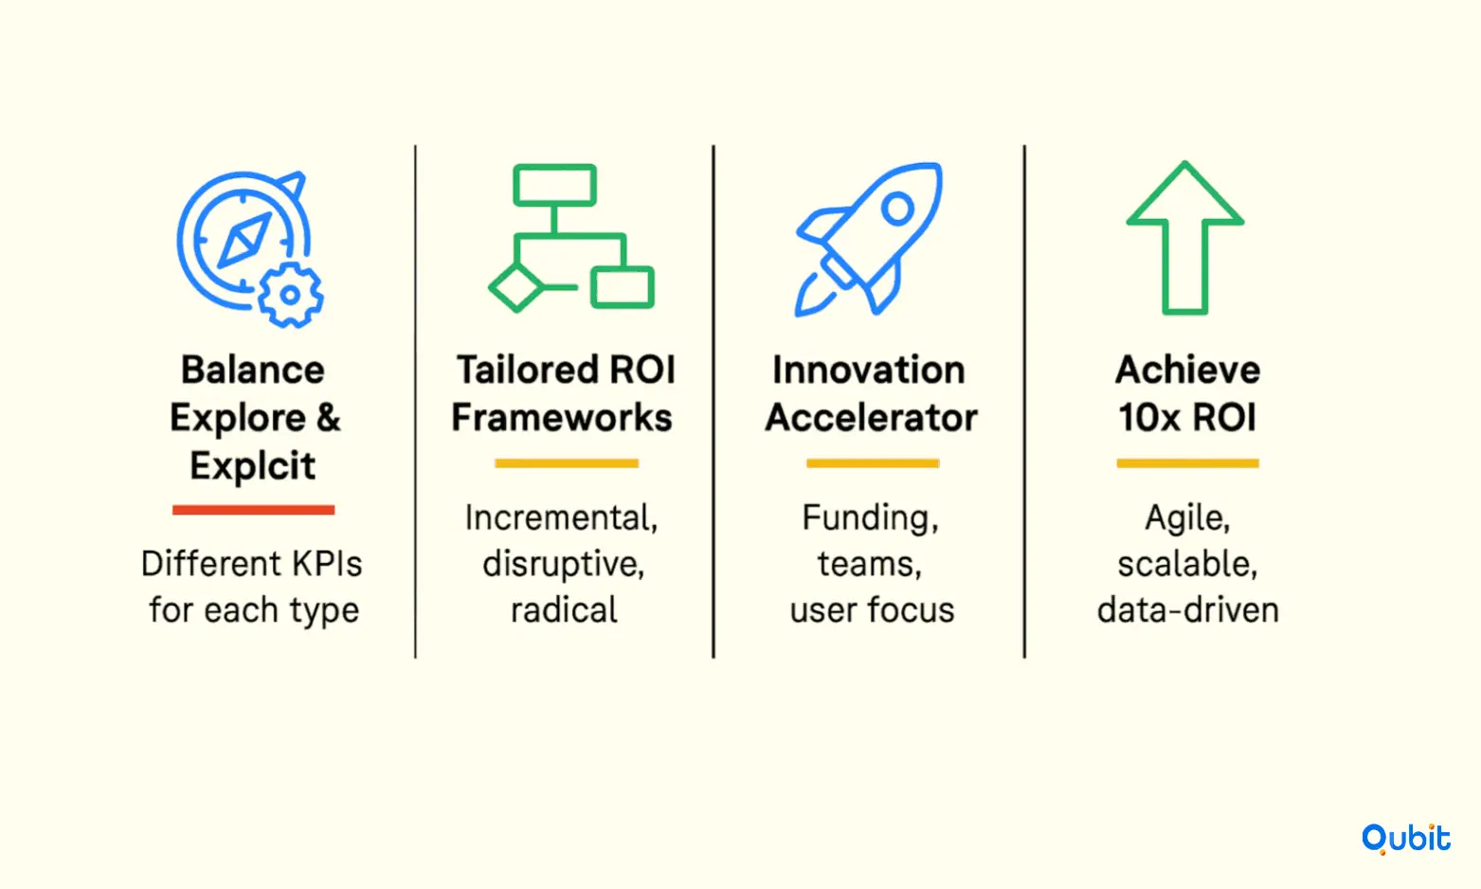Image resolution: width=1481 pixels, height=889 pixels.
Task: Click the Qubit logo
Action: tap(1405, 839)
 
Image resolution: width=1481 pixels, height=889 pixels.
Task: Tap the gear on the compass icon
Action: tap(290, 295)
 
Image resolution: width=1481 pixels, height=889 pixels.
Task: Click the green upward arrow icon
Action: tap(1185, 238)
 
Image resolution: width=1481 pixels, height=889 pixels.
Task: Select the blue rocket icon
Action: tap(869, 238)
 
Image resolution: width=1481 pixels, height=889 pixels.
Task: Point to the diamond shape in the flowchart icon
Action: tap(516, 287)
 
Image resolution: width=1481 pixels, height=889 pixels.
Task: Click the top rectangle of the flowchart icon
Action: tap(554, 185)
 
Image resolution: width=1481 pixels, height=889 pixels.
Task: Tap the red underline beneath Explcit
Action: tap(253, 509)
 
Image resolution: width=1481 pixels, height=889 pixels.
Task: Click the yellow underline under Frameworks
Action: tap(567, 463)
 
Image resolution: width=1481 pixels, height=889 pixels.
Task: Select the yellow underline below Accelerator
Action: tap(873, 463)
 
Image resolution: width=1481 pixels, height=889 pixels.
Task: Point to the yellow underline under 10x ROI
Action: tap(1187, 463)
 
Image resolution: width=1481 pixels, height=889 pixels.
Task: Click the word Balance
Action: tap(253, 370)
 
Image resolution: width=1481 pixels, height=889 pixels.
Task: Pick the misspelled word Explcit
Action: tap(253, 465)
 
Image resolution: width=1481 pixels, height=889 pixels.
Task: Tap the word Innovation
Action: tap(869, 370)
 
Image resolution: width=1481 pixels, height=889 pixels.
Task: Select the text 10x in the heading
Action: tap(1148, 417)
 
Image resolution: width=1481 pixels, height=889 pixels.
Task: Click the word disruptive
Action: tap(563, 565)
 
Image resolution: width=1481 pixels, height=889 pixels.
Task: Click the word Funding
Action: tap(870, 518)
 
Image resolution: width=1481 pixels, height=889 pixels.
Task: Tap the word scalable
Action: tap(1187, 564)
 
